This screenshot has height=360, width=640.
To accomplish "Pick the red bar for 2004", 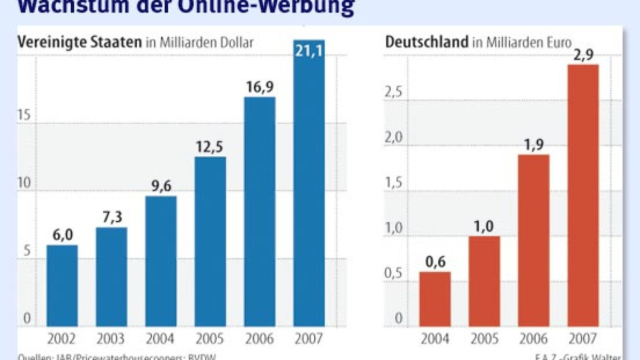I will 435,299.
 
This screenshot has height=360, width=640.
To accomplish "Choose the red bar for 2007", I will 583,196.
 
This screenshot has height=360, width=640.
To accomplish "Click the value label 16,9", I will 260,88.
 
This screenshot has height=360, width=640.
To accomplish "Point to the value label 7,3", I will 111,218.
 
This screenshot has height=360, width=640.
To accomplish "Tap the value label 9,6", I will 161,187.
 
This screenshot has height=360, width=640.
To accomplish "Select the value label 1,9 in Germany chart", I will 534,145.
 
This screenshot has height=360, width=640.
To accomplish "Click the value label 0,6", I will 435,263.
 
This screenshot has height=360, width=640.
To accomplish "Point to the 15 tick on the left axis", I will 24,116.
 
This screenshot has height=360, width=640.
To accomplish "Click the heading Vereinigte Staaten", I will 80,42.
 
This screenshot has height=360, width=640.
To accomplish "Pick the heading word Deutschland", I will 426,42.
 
